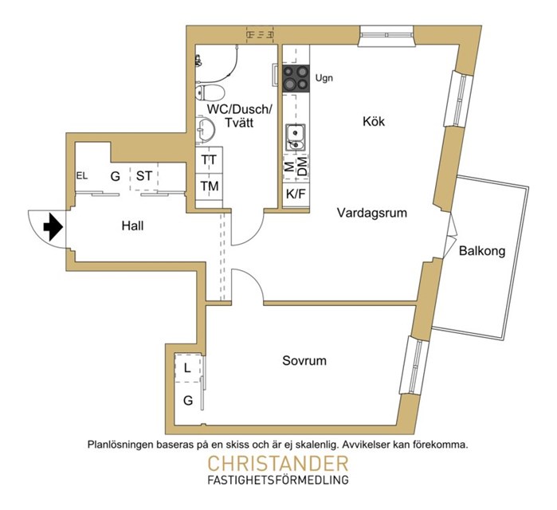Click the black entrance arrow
click(53, 227)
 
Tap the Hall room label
click(133, 226)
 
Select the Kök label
click(374, 121)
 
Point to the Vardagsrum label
click(372, 213)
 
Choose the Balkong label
click(483, 250)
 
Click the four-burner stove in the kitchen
click(296, 77)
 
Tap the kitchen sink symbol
click(295, 137)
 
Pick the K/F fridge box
click(296, 194)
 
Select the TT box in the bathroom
click(210, 159)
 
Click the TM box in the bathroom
click(210, 186)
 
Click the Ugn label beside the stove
click(324, 78)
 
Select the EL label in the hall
click(81, 175)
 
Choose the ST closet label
click(144, 175)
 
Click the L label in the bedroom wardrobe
click(186, 368)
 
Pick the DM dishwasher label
click(302, 167)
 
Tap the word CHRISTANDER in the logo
click(277, 464)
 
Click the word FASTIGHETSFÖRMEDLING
click(277, 481)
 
